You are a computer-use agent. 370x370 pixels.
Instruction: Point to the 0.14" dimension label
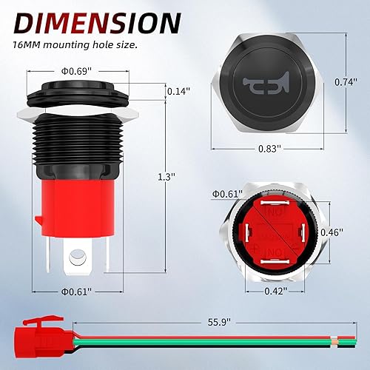[x=178, y=92]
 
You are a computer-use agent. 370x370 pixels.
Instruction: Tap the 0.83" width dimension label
[x=270, y=148]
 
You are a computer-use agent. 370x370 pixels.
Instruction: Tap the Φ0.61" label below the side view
[x=75, y=292]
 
